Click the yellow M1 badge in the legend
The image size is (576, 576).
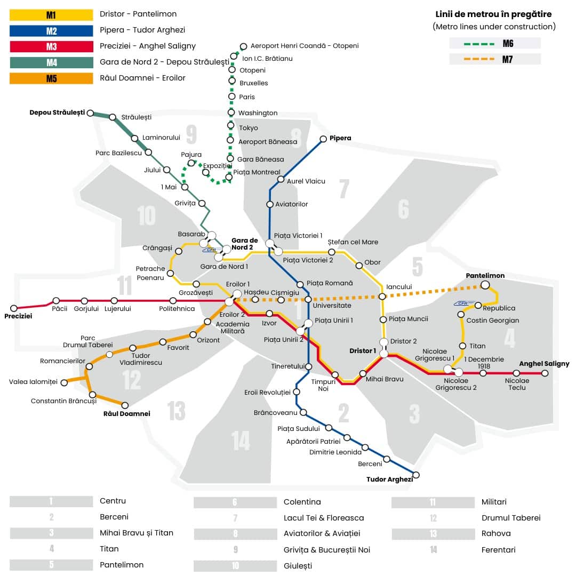tap(51, 14)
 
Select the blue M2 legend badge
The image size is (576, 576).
tap(51, 30)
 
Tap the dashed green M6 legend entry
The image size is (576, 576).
tap(495, 43)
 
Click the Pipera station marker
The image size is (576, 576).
tap(323, 139)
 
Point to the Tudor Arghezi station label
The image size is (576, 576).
tap(389, 479)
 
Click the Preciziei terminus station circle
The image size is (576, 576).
tap(14, 308)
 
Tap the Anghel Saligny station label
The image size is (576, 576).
tap(544, 364)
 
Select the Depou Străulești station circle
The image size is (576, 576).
tap(91, 113)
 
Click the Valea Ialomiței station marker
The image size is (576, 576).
tap(64, 382)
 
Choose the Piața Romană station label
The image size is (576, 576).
tap(330, 283)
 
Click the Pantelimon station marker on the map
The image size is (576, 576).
tap(485, 285)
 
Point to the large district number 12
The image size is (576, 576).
tap(132, 380)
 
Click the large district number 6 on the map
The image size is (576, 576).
tap(403, 209)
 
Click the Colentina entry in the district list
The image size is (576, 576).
tap(302, 502)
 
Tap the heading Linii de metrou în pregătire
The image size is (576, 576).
tap(493, 14)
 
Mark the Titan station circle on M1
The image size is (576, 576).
tap(463, 346)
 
